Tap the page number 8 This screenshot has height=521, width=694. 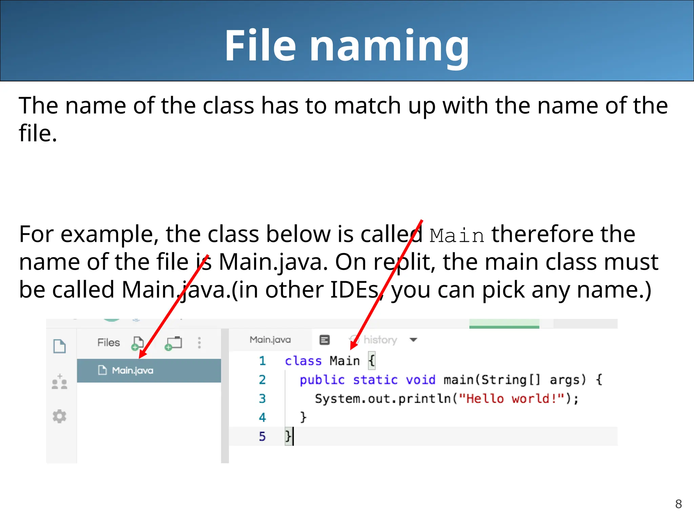point(678,504)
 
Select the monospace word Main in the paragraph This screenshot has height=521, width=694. point(457,235)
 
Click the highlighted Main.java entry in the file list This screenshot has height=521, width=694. point(132,370)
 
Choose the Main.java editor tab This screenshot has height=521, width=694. point(270,340)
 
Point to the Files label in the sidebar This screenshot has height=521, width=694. point(108,343)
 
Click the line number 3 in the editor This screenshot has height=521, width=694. point(262,399)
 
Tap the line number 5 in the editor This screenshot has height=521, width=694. point(262,436)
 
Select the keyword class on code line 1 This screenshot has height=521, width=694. point(303,361)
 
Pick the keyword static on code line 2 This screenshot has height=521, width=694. point(375,380)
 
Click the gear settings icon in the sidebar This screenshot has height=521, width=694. point(60,416)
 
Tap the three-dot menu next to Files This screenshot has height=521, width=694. point(199,343)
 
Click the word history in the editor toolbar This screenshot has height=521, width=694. point(380,340)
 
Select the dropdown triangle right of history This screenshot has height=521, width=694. point(413,340)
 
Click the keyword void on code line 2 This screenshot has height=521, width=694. point(421,380)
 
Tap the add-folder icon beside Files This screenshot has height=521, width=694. point(174,343)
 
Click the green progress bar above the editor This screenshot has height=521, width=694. point(504,327)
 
